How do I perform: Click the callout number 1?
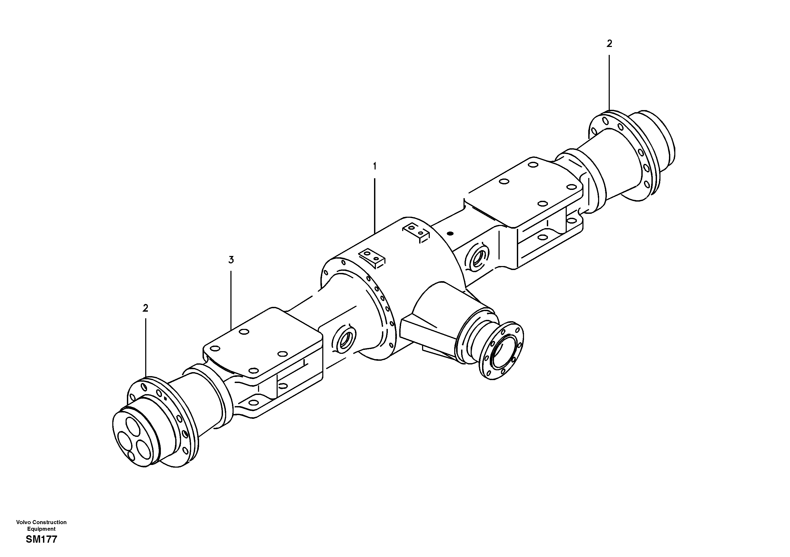pyautogui.click(x=375, y=166)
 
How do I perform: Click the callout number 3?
pyautogui.click(x=231, y=260)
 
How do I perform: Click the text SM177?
pyautogui.click(x=41, y=539)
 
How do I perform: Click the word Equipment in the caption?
pyautogui.click(x=41, y=529)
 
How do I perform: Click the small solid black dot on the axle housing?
pyautogui.click(x=450, y=233)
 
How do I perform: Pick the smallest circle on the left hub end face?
pyautogui.click(x=131, y=456)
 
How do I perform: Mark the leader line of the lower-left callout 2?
pyautogui.click(x=145, y=347)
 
